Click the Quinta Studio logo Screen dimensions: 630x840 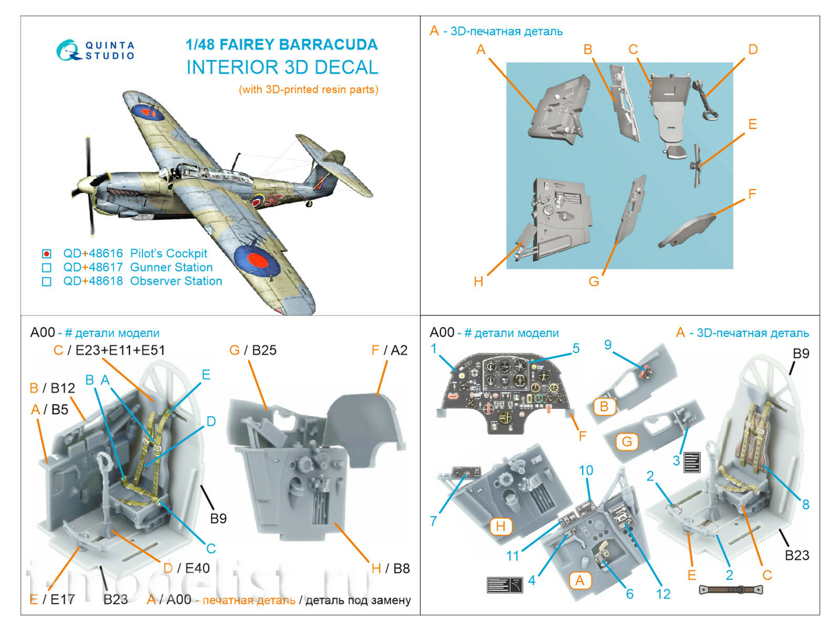point(96,50)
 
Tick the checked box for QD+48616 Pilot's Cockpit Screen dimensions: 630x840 point(47,254)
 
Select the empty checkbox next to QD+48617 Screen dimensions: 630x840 point(47,268)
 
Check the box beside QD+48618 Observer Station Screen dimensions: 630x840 point(47,281)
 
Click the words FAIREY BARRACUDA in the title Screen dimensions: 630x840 point(298,45)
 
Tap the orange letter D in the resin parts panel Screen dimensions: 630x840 point(752,50)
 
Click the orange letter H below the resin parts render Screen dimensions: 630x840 point(478,281)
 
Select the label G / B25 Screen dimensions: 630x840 point(253,350)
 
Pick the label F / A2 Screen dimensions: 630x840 point(389,350)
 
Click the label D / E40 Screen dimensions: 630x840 point(186,568)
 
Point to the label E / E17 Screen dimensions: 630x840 point(52,599)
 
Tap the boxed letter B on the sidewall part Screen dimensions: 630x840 point(604,406)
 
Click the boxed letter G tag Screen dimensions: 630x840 point(627,442)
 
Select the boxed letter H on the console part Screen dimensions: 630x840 point(500,526)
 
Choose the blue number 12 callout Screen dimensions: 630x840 point(663,594)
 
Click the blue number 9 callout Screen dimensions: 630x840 point(607,345)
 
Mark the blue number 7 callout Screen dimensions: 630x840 point(433,521)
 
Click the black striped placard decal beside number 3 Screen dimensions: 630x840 point(692,462)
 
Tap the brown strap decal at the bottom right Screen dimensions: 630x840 point(730,590)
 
